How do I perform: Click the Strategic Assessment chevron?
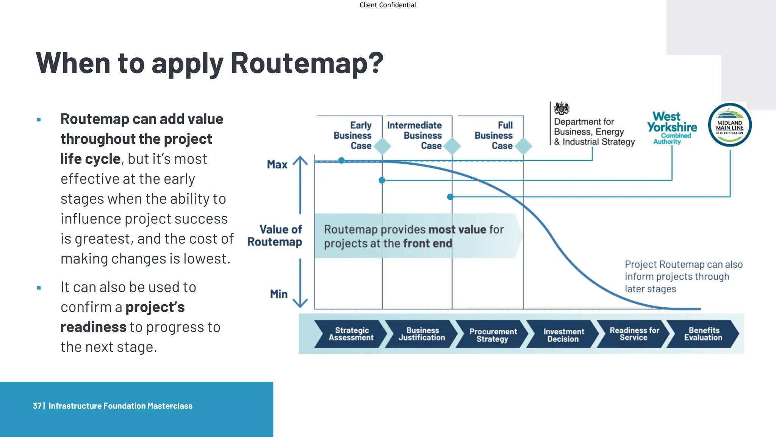(x=351, y=334)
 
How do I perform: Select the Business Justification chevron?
(x=421, y=334)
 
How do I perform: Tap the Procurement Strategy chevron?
(x=492, y=335)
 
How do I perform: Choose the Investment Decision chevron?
(x=563, y=335)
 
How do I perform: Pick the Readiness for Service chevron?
(x=634, y=334)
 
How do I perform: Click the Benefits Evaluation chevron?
(x=703, y=334)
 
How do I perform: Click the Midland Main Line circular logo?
(x=730, y=125)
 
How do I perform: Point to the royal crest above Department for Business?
(x=561, y=108)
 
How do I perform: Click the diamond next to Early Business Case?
(x=382, y=146)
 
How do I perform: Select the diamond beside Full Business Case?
(x=524, y=146)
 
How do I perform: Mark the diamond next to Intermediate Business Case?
(x=452, y=146)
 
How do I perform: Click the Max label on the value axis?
(x=277, y=165)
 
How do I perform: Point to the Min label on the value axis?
(x=278, y=294)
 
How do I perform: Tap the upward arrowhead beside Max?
(x=300, y=160)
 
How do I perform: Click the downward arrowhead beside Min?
(x=300, y=303)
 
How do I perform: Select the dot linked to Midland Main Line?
(x=450, y=197)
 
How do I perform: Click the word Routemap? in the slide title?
(x=307, y=63)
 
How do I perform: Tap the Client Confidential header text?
(x=387, y=5)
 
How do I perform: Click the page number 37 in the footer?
(x=37, y=406)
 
